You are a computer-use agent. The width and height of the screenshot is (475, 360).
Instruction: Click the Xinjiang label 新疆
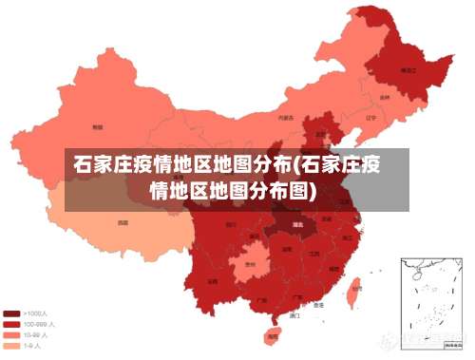(97, 125)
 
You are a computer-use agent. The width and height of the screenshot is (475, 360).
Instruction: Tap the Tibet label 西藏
(123, 222)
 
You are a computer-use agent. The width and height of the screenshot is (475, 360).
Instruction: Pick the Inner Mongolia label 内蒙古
(285, 119)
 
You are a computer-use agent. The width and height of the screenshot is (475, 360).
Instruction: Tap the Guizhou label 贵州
(251, 263)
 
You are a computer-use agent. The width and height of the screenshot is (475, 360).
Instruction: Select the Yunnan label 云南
(213, 281)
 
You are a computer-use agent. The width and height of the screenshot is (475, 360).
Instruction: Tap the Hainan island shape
(273, 334)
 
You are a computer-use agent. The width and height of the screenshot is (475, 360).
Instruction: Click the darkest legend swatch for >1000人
(12, 313)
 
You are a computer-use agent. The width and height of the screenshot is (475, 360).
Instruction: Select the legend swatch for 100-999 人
(12, 324)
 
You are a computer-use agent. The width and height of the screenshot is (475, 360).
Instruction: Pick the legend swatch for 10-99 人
(12, 335)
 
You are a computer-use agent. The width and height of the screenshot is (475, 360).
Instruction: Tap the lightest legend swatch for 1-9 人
(12, 347)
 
